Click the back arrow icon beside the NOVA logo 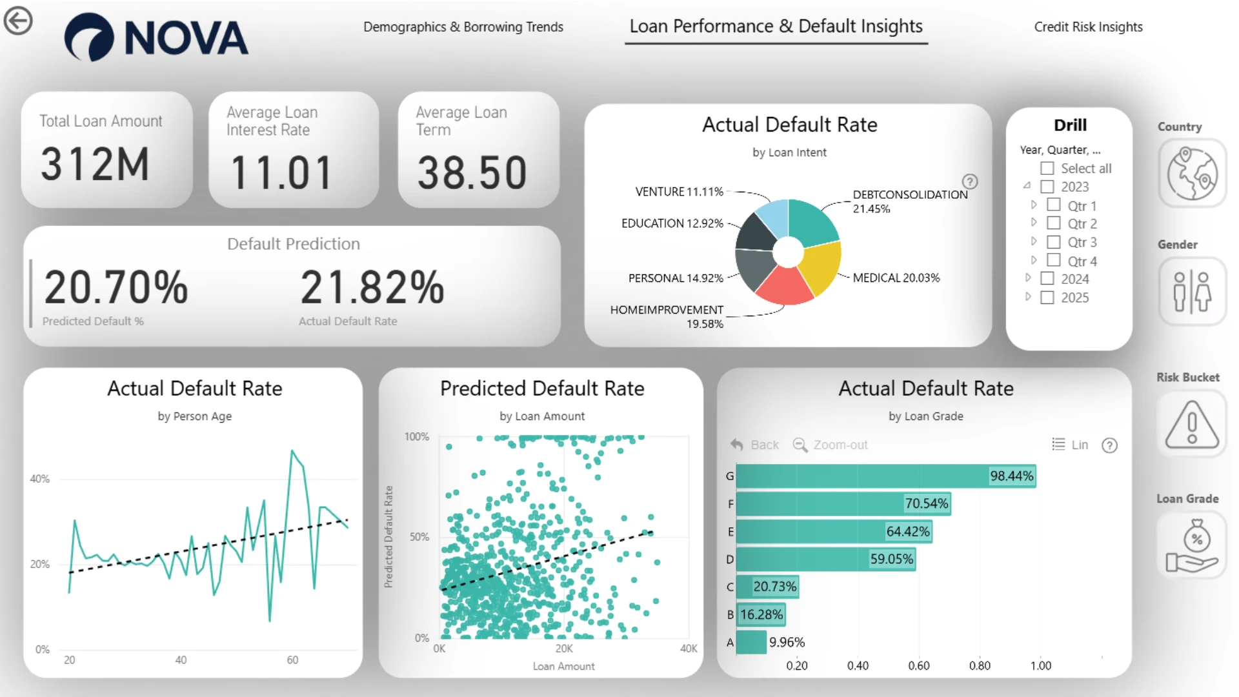18,21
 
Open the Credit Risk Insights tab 1088,27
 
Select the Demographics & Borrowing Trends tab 463,27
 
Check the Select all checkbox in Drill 1047,168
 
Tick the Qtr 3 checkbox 1054,242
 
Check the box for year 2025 1047,298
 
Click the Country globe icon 1192,174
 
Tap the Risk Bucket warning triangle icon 1192,425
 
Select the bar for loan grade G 886,476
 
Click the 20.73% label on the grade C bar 775,587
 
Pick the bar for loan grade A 751,642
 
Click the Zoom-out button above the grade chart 831,445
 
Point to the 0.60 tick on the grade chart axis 919,665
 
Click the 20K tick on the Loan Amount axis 564,649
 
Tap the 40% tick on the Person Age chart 39,479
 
